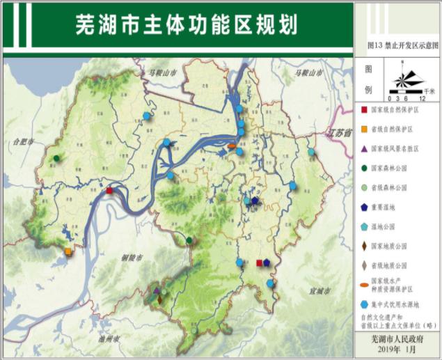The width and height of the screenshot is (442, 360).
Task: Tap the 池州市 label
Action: tap(108, 340)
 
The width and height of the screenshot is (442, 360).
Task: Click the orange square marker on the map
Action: tap(68, 251)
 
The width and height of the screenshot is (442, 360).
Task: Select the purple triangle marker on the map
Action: tap(157, 291)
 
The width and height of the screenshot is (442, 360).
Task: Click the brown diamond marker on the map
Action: tap(161, 299)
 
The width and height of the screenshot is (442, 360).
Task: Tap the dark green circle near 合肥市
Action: tap(56, 159)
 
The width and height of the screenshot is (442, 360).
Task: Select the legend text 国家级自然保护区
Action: tap(397, 111)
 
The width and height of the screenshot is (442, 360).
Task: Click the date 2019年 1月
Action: tap(396, 350)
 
